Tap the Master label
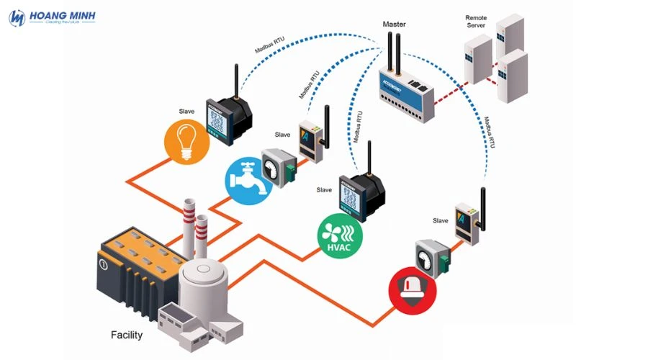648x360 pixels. (x=394, y=24)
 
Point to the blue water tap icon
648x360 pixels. (x=246, y=179)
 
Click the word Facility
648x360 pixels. (x=127, y=335)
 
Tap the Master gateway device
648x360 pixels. (x=408, y=90)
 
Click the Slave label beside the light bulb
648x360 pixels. (x=188, y=112)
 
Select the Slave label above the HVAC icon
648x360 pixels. (x=325, y=190)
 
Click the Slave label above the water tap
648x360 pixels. (x=283, y=135)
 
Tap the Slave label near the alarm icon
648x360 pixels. (x=440, y=220)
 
